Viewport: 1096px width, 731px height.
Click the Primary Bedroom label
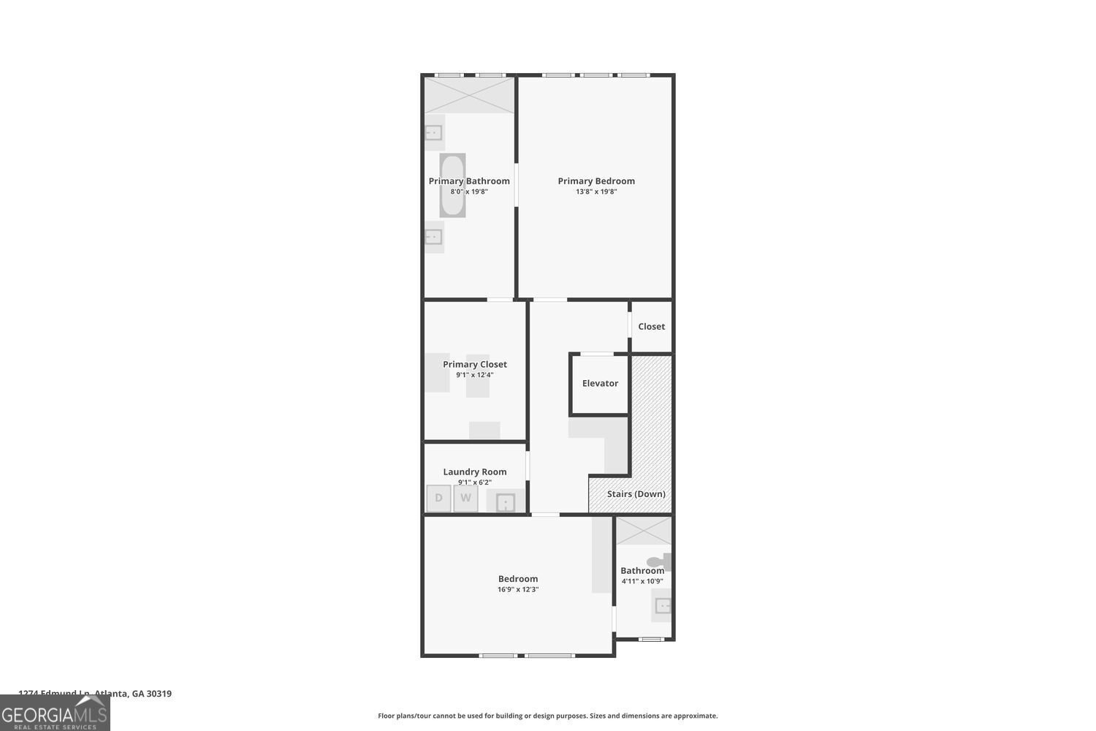596,181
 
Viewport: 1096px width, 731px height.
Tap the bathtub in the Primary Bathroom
452,186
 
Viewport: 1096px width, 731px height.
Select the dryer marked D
438,499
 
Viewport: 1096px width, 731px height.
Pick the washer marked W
465,499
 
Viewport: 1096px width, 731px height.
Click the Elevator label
600,384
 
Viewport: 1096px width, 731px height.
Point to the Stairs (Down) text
636,494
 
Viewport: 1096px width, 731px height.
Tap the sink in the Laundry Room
506,502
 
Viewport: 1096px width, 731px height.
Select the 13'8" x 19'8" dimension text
596,192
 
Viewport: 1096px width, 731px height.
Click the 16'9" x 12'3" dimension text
518,590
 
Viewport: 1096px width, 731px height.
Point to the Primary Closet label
475,365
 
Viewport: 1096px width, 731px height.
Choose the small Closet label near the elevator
651,327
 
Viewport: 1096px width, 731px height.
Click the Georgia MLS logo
55,713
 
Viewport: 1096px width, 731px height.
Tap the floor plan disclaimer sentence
547,716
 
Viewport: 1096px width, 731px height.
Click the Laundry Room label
475,472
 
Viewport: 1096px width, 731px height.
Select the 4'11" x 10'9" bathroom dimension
642,582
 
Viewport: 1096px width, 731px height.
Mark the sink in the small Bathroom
663,605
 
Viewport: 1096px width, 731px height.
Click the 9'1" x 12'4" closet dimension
475,375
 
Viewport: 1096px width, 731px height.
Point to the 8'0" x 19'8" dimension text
469,192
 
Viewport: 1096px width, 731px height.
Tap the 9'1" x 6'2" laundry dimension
475,482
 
